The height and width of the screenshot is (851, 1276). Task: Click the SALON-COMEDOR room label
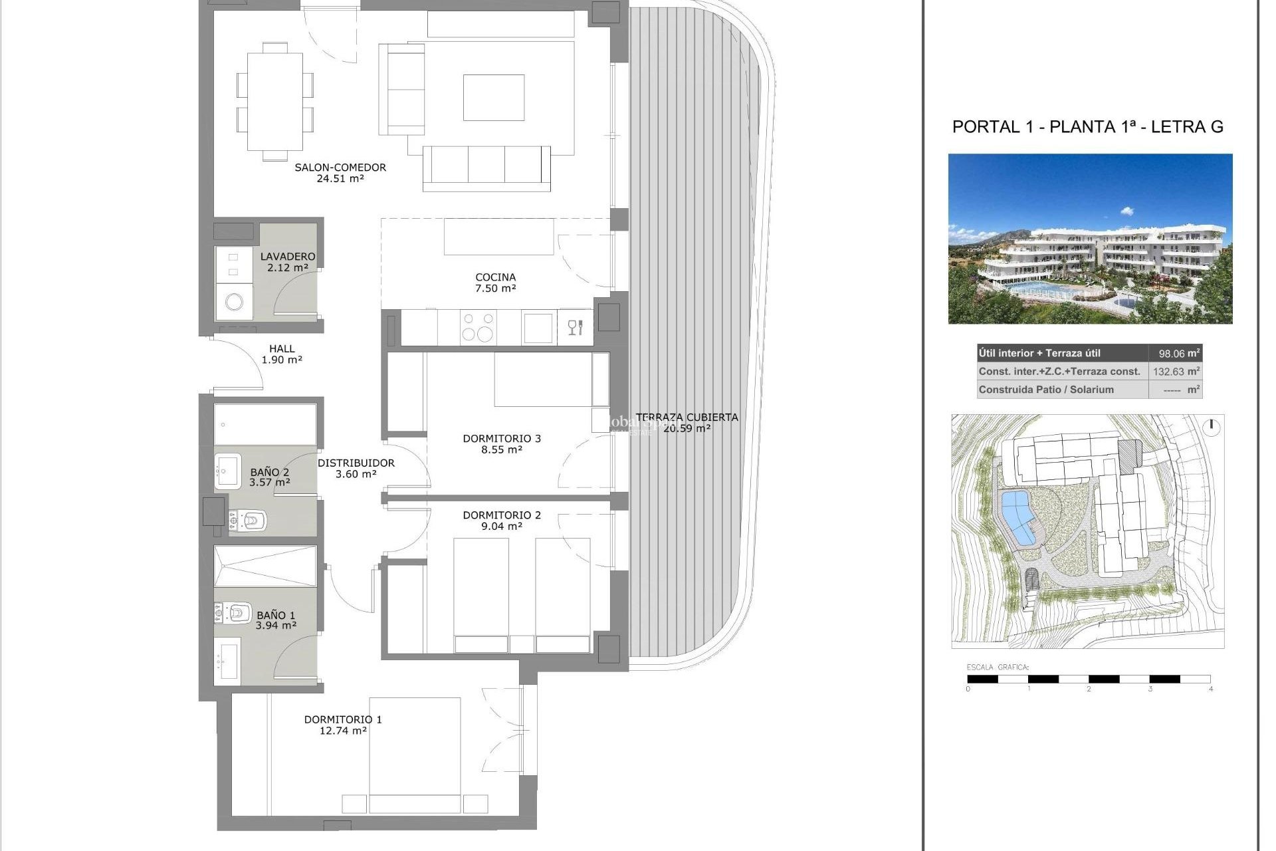tap(340, 168)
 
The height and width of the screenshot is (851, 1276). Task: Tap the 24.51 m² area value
tap(340, 179)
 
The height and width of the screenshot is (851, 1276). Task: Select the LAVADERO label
tap(287, 257)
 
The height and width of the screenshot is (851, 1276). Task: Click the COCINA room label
tap(495, 277)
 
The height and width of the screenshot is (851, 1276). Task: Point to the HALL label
tap(282, 348)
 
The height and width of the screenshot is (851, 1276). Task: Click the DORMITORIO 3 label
tap(502, 439)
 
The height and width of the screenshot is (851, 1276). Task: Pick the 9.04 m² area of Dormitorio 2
tap(502, 527)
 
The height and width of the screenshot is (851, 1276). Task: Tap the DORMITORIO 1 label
tap(343, 719)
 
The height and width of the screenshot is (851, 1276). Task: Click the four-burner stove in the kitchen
tap(478, 327)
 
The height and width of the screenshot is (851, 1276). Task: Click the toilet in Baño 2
tap(249, 521)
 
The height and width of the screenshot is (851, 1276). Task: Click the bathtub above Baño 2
tap(265, 424)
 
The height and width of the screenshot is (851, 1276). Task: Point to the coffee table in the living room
tap(493, 98)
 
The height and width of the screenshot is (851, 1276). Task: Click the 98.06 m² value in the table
tap(1175, 354)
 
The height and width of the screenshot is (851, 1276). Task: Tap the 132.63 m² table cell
tap(1175, 372)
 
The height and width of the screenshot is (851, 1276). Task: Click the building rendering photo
tap(1090, 239)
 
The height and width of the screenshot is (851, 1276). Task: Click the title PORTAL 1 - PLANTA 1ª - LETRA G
tap(1087, 127)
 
